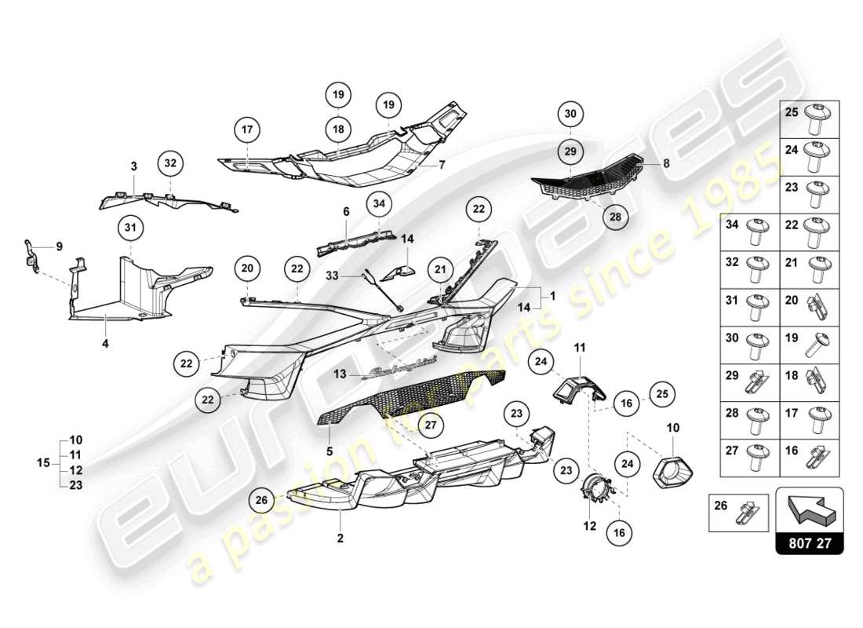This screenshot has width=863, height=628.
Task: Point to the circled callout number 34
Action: click(x=380, y=204)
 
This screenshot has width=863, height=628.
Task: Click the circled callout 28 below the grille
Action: click(x=615, y=217)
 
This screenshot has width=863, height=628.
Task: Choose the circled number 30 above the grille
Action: click(x=570, y=114)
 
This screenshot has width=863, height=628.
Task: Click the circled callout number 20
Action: click(x=248, y=268)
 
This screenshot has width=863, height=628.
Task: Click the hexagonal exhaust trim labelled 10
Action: click(x=675, y=470)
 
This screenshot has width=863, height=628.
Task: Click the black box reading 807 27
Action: click(x=809, y=542)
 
